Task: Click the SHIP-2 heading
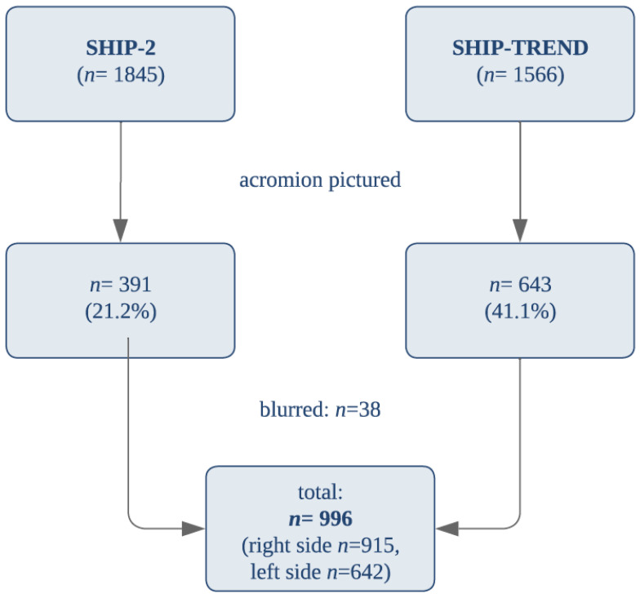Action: click(x=121, y=47)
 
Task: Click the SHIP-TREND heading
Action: click(x=520, y=47)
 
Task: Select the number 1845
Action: click(x=136, y=75)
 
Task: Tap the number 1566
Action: click(x=536, y=75)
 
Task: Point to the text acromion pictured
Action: click(x=320, y=179)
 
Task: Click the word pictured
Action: click(x=364, y=179)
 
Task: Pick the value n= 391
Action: click(x=121, y=284)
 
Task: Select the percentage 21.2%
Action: click(x=121, y=312)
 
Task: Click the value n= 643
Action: click(x=520, y=284)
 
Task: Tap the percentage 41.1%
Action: click(x=520, y=312)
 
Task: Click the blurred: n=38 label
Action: click(x=320, y=410)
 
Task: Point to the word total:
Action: click(x=320, y=492)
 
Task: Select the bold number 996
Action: click(x=336, y=519)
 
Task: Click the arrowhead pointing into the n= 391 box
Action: click(x=121, y=231)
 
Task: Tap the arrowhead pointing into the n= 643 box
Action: click(x=520, y=231)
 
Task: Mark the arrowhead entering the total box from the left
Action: click(x=193, y=529)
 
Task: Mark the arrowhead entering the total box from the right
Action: click(x=447, y=529)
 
